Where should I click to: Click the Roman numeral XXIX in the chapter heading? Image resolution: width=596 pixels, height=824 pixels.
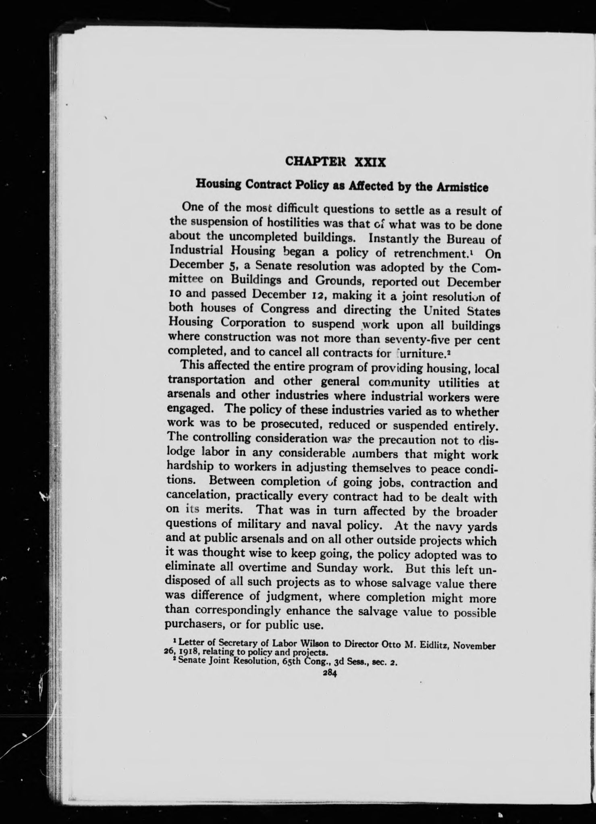(370, 162)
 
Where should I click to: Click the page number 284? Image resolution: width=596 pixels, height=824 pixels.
(329, 673)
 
